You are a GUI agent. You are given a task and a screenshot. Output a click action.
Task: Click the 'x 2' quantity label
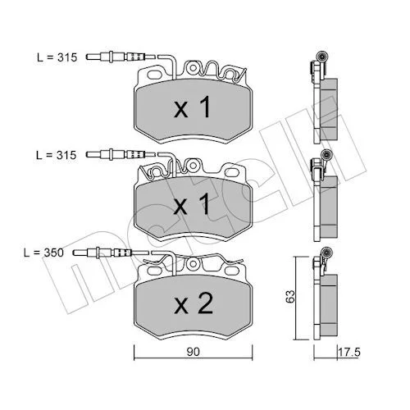pos(194,303)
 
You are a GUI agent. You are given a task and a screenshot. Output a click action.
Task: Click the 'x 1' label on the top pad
pos(193,107)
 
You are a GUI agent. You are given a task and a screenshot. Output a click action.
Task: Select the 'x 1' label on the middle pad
pos(193,204)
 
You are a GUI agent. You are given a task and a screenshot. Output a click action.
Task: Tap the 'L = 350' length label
pos(43,253)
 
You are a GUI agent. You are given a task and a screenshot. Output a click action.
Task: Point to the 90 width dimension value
pos(194,352)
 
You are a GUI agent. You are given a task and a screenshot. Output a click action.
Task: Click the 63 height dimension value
pos(290,296)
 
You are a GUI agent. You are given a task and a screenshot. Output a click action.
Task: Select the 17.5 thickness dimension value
pos(349,352)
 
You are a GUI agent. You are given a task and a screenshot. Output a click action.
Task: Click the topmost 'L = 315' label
pos(57,57)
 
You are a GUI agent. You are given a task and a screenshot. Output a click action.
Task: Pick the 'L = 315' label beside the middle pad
pos(57,155)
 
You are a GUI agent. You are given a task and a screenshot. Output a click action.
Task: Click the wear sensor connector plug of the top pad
pos(121,57)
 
